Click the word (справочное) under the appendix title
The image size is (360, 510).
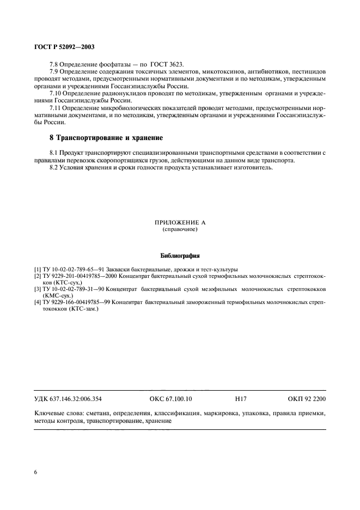pos(180,230)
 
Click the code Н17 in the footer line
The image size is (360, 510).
pos(240,399)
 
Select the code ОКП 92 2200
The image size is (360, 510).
pos(307,399)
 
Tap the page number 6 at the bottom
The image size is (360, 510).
pos(36,472)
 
